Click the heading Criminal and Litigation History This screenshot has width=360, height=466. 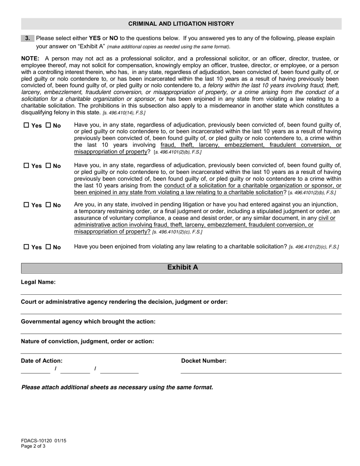181,23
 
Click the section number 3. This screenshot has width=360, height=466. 28,38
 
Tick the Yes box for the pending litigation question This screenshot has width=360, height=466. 26,205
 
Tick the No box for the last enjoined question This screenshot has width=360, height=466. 48,247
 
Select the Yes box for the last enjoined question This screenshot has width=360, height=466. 26,247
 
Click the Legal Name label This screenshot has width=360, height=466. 38,282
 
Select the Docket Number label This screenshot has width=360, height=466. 203,361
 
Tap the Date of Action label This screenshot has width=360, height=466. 42,361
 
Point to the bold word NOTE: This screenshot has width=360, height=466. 30,59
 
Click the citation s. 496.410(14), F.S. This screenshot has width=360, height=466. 124,113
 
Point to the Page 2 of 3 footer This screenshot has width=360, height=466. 33,446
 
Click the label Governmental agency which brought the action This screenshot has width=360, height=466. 88,322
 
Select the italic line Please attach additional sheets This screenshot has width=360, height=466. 117,388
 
